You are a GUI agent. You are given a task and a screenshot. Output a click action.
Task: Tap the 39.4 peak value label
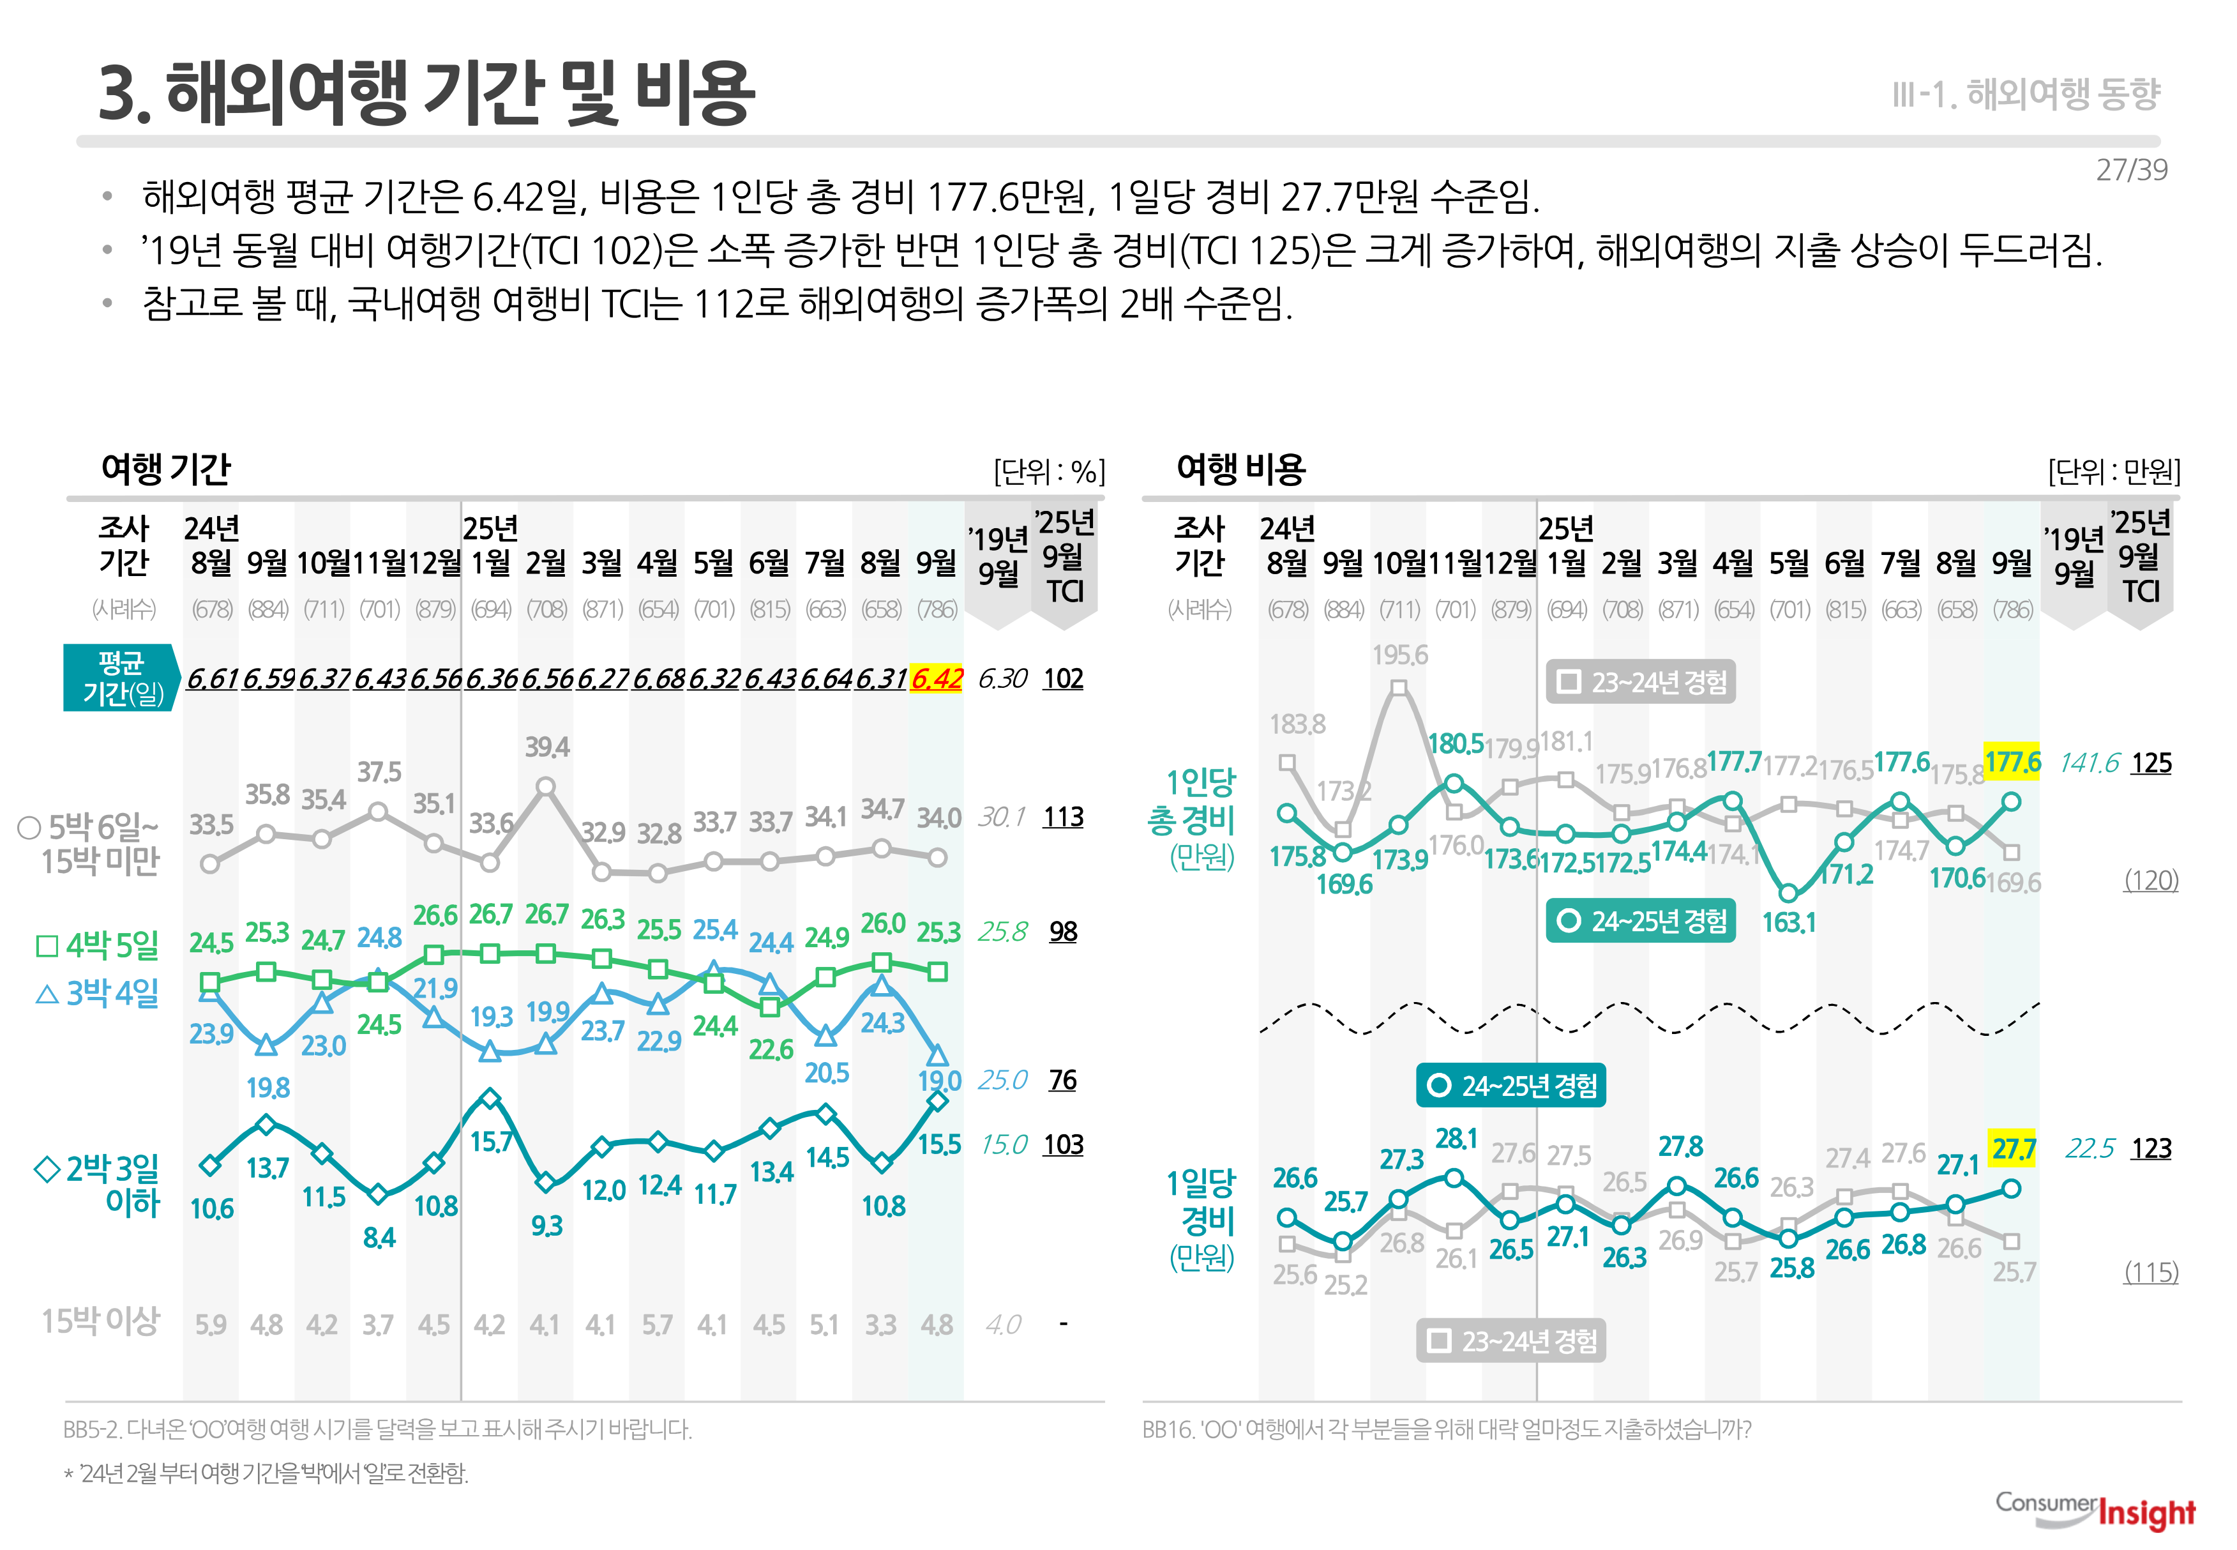point(546,747)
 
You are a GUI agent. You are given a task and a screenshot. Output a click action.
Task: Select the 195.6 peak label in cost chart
point(1399,655)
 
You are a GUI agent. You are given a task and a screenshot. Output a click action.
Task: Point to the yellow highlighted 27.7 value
point(2013,1149)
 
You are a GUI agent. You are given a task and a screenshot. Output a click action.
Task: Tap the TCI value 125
point(2151,763)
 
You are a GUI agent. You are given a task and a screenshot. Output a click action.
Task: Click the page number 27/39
point(2130,170)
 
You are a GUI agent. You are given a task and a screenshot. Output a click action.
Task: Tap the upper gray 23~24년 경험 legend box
point(1641,682)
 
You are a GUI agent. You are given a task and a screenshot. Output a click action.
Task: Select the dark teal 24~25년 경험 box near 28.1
point(1510,1085)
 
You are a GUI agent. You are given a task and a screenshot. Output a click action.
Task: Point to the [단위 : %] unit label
point(1048,472)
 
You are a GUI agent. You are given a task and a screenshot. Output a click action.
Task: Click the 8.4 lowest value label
point(379,1236)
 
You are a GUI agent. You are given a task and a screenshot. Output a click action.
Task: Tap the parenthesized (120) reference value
point(2151,880)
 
